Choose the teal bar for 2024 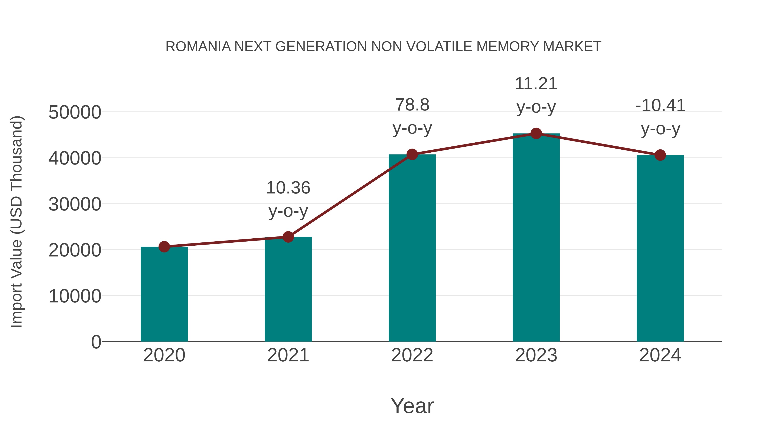660,248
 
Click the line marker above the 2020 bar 164,247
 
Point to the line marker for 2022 412,154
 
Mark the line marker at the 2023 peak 536,133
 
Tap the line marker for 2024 660,155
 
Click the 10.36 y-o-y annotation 288,188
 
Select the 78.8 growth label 412,105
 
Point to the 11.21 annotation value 536,84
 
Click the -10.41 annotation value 660,106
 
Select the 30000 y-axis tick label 75,204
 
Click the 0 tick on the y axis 96,342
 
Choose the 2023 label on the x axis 536,355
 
